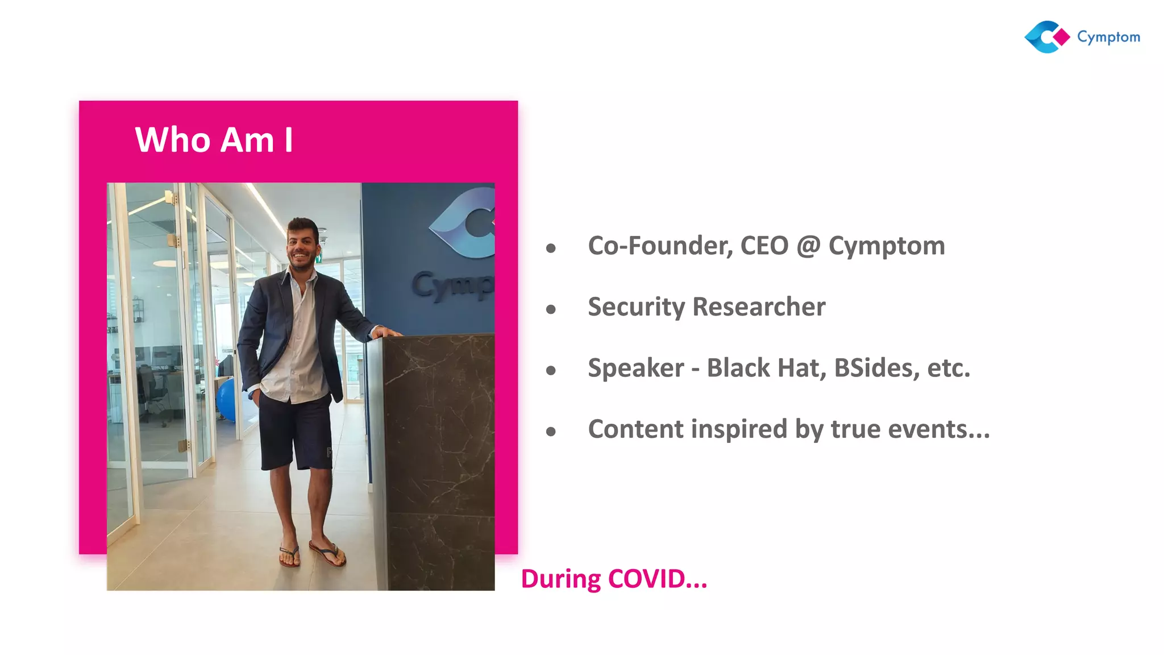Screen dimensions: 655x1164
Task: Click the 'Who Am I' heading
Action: [214, 140]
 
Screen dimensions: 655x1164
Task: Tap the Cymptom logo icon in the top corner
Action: [1046, 37]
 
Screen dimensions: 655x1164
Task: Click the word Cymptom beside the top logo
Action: [1108, 38]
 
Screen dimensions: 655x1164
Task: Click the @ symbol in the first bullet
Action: [808, 246]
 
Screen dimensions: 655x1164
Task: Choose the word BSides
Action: [876, 368]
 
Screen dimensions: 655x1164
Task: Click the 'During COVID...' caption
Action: [614, 579]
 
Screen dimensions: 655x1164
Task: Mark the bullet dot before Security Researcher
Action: [551, 309]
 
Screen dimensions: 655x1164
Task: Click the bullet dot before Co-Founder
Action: [551, 248]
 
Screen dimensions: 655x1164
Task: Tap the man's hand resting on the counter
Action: [388, 332]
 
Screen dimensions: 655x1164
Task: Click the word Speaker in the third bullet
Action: [635, 368]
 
